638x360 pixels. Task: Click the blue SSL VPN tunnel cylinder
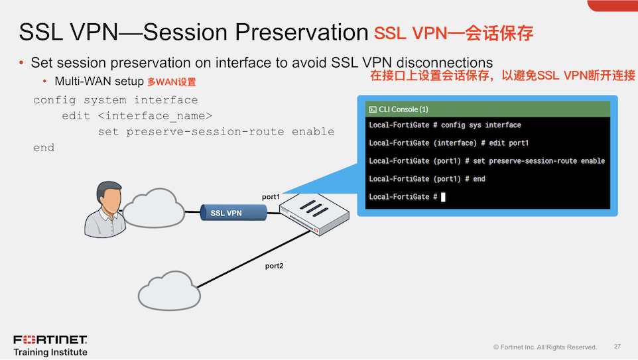point(233,213)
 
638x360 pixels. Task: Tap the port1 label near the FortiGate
point(271,197)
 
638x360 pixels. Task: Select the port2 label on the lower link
point(274,266)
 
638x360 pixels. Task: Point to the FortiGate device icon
point(314,213)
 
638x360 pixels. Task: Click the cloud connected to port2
point(169,291)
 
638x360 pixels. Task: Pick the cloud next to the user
point(154,208)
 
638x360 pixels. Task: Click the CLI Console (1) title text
point(403,109)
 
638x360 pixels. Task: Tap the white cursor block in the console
point(443,197)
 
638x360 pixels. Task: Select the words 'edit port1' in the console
point(509,143)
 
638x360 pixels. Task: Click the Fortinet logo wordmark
point(50,339)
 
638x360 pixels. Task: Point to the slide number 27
point(617,347)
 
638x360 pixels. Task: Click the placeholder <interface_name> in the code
point(155,116)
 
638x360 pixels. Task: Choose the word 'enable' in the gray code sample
point(313,131)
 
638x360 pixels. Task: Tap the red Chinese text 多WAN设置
point(171,82)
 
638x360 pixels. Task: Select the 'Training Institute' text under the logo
point(50,352)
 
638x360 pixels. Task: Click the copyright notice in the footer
point(545,347)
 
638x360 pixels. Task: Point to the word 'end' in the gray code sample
point(44,148)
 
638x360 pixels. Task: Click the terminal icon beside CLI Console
point(372,109)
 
